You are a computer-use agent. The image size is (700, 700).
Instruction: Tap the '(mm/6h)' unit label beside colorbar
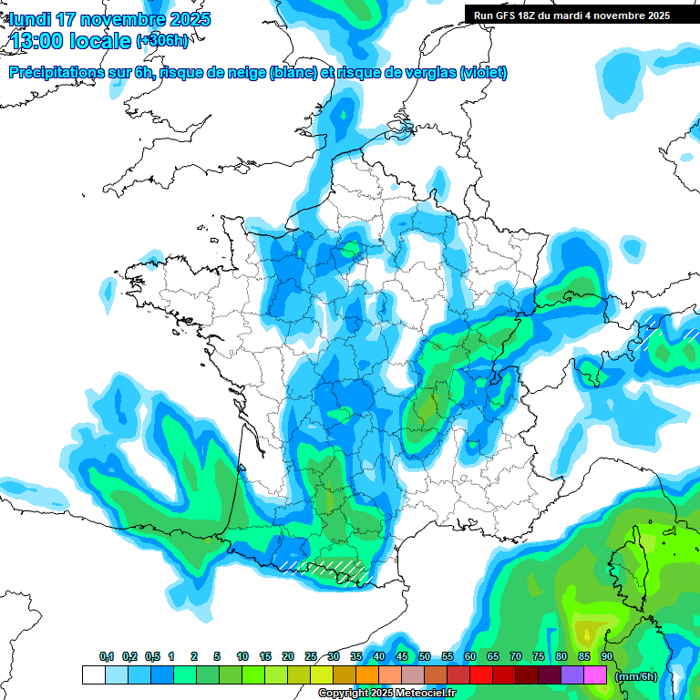tap(636, 675)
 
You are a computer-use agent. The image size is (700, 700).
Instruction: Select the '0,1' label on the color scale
tap(107, 656)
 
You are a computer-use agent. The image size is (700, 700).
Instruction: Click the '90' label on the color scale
tap(606, 656)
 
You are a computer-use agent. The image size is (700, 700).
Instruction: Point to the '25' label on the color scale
tap(311, 656)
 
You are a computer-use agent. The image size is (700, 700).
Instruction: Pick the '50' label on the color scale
tap(425, 656)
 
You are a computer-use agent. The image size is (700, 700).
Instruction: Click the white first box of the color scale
tap(93, 675)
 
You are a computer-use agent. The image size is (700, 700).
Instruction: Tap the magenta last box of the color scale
tap(594, 675)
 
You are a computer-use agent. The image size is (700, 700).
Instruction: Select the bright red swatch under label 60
tap(480, 675)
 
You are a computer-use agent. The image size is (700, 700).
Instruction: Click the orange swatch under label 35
tap(366, 675)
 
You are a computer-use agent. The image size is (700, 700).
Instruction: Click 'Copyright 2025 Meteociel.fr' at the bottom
tap(386, 694)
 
